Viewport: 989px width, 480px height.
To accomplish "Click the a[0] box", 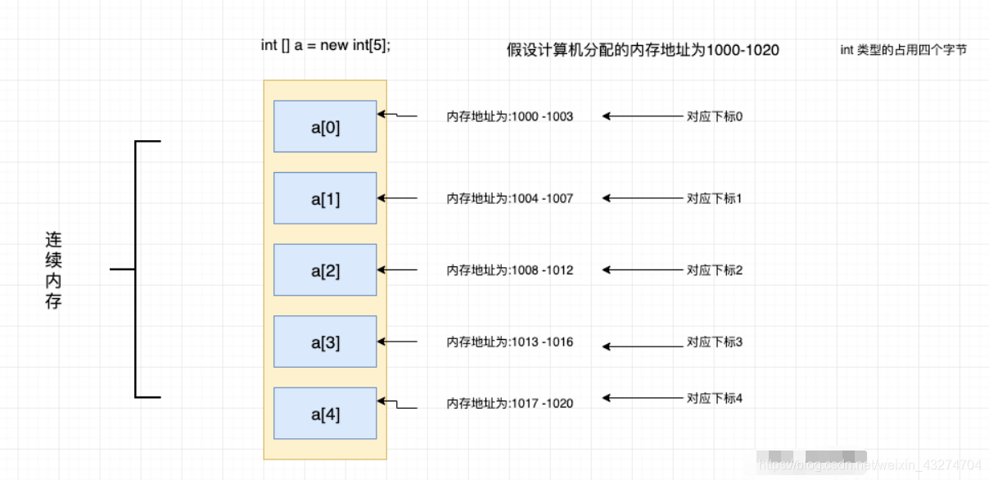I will (325, 127).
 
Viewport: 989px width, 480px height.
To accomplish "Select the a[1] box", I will (325, 198).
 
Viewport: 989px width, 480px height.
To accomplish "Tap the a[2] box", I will (325, 270).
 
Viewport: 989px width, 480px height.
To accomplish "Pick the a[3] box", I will (325, 342).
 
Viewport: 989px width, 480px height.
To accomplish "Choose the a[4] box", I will (325, 414).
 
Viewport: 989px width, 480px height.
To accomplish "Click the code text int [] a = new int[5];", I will (326, 46).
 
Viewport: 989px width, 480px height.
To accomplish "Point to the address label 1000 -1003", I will (509, 117).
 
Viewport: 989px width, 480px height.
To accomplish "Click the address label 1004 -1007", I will (509, 199).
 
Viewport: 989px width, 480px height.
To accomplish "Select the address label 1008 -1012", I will (509, 270).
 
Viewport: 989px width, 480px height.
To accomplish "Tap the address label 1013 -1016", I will (509, 342).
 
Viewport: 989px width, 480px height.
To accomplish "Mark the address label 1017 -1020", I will (509, 404).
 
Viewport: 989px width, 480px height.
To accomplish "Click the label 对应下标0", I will (714, 117).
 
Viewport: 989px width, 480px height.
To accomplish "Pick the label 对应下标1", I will (714, 199).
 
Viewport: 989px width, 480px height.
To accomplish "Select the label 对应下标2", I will (714, 270).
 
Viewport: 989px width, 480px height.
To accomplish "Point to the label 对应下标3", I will (714, 342).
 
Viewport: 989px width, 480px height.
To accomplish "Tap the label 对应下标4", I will (714, 399).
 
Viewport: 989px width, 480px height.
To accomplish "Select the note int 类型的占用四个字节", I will (903, 51).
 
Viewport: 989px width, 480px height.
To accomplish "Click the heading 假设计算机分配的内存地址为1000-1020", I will (643, 51).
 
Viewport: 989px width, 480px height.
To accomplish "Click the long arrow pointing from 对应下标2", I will (643, 270).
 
